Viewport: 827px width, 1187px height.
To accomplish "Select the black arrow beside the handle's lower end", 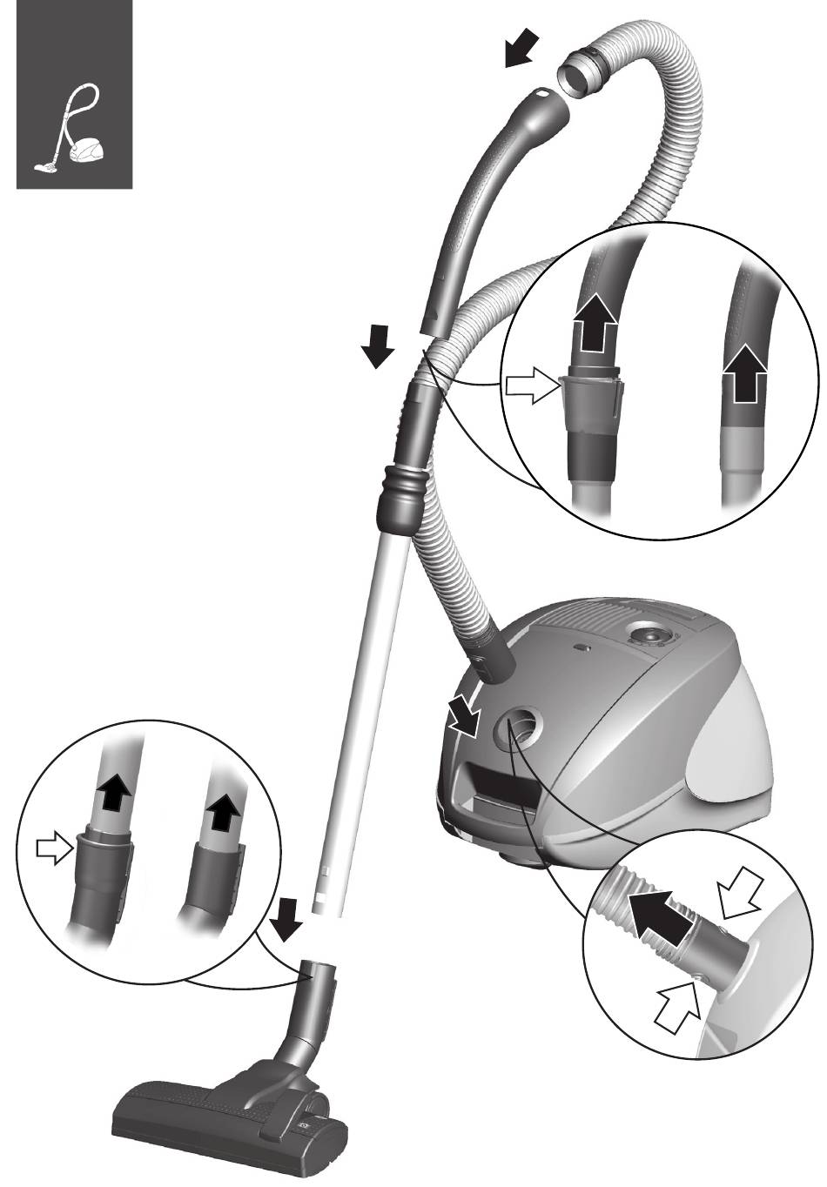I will [378, 345].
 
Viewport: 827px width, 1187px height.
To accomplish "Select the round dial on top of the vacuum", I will [650, 636].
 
